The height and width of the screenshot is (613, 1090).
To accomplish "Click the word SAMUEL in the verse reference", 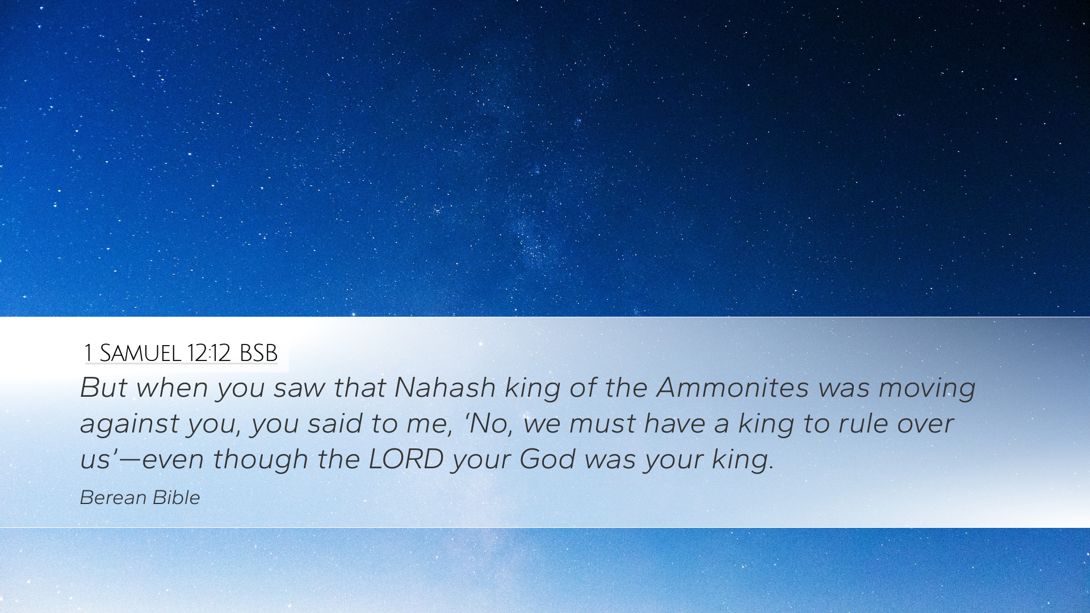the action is pyautogui.click(x=140, y=353).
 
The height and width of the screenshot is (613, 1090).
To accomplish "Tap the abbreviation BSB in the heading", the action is pyautogui.click(x=258, y=353).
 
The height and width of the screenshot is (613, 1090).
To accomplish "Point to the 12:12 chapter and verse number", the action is pyautogui.click(x=208, y=353).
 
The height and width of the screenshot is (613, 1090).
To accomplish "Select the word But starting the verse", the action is pyautogui.click(x=104, y=388).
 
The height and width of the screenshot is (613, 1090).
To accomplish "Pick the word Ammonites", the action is pyautogui.click(x=732, y=388).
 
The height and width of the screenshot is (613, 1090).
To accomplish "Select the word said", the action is pyautogui.click(x=335, y=423).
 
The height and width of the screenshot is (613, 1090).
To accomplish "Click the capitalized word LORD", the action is pyautogui.click(x=406, y=459).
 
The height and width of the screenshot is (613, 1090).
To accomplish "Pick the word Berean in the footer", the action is pyautogui.click(x=114, y=498).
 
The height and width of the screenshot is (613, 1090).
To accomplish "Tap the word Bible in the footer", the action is pyautogui.click(x=177, y=498).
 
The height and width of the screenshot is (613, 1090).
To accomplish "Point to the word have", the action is pyautogui.click(x=675, y=423).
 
